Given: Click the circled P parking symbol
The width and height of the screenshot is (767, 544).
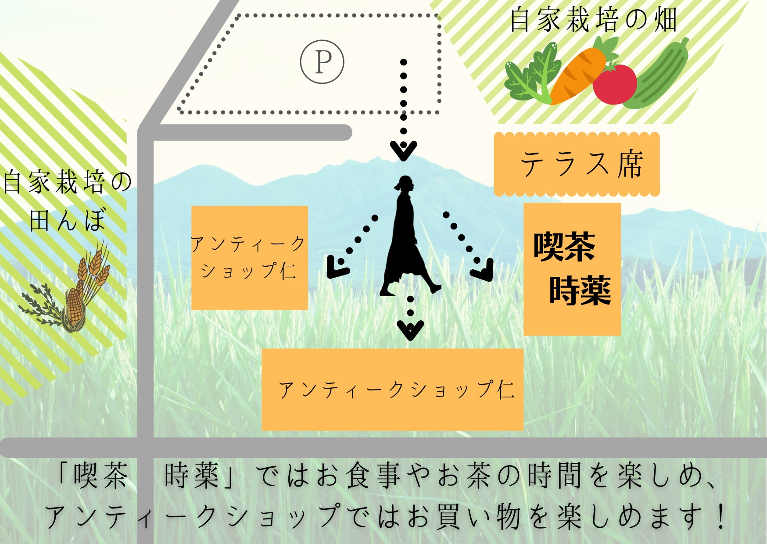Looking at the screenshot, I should pos(322,62).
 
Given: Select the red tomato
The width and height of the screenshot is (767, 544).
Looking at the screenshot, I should pos(614,84).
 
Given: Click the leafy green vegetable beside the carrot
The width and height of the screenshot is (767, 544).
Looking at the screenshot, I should pos(531,75).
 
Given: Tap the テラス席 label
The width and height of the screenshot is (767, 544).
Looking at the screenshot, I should pos(581,164).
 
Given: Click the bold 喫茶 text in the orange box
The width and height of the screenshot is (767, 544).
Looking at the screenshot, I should pos(564,247).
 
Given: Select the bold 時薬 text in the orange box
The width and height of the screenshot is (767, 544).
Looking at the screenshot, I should pos(580,290).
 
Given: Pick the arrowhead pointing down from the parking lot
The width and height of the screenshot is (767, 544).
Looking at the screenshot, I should pos(403,150).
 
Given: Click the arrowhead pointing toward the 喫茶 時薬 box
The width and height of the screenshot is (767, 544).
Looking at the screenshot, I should pos(483,270).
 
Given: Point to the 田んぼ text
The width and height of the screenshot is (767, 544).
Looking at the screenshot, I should pos(68,219).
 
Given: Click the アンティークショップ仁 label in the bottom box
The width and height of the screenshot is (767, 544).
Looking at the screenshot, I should pos(396,389).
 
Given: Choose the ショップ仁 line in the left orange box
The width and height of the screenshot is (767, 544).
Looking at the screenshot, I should pos(248,271).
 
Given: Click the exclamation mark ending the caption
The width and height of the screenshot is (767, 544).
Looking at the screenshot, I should pos(720,516).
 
